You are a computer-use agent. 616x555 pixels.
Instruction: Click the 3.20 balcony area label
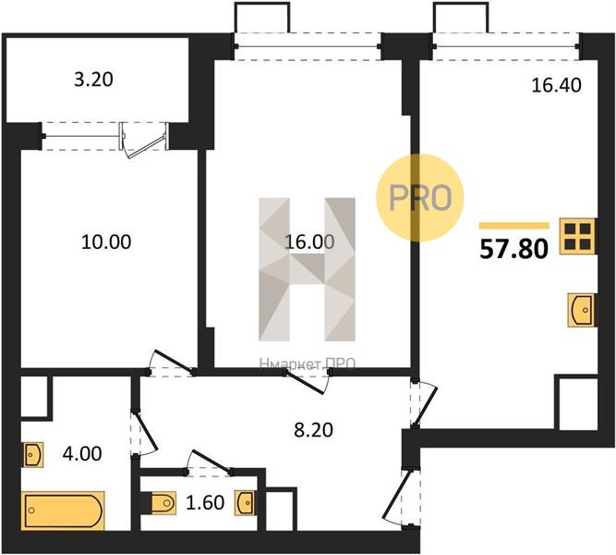tap(93, 80)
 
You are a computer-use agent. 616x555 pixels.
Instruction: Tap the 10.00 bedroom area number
tap(106, 241)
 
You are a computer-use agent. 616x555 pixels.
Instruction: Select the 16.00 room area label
tap(309, 241)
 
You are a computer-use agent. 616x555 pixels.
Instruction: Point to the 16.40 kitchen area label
tap(556, 85)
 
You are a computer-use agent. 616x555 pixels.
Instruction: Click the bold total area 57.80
tap(513, 249)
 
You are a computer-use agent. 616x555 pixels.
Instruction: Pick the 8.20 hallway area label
tap(313, 430)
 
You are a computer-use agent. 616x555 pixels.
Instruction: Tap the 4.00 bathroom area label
tap(82, 453)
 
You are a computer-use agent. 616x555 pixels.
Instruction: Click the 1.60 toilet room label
tap(205, 502)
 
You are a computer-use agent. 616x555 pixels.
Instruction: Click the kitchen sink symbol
tap(582, 310)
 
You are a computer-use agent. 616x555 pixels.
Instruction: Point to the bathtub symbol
tap(63, 511)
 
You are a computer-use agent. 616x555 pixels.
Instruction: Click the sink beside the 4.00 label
tap(33, 454)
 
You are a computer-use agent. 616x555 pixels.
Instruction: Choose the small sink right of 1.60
tap(245, 502)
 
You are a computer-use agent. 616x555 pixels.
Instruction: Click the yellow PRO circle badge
tap(420, 198)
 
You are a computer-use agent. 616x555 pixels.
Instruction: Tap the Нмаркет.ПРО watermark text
tap(308, 364)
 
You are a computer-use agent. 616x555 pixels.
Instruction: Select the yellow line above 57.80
tap(513, 226)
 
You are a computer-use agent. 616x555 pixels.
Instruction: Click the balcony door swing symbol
tap(144, 142)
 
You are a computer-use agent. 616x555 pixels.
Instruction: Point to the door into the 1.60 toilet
tap(208, 462)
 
